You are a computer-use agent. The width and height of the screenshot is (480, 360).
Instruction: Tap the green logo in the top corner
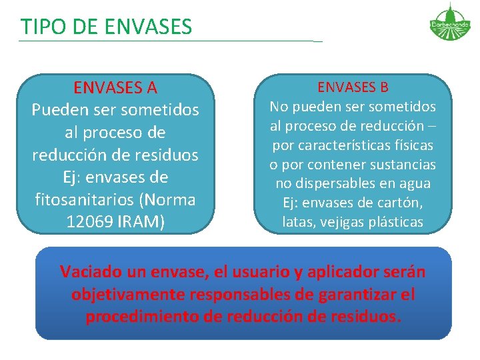tap(449, 22)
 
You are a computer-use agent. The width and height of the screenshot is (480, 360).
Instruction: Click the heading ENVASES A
tap(115, 87)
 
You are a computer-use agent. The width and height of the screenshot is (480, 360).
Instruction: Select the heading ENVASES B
tap(353, 87)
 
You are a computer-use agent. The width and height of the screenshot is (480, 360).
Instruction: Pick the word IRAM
tap(141, 221)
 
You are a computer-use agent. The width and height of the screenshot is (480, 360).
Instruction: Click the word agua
tap(415, 183)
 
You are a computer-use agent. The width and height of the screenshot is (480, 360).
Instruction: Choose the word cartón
tap(402, 203)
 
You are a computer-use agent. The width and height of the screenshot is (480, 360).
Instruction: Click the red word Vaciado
tap(91, 272)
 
